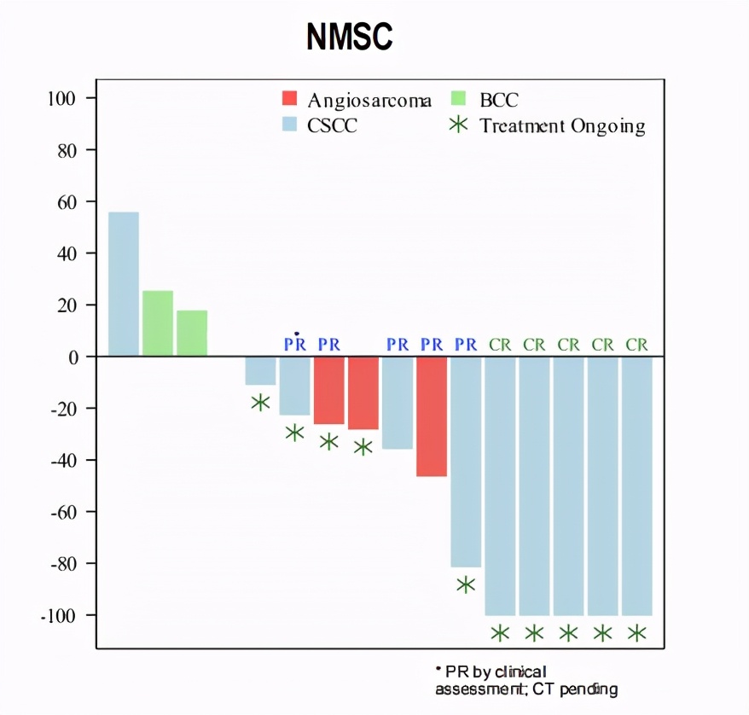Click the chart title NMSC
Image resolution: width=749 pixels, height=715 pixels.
(x=350, y=38)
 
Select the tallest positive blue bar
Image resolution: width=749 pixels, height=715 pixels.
(x=124, y=283)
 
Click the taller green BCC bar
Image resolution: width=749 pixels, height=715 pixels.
(x=158, y=323)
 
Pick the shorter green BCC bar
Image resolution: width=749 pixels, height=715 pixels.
(x=192, y=333)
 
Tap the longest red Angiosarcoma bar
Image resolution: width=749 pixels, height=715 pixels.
(x=432, y=416)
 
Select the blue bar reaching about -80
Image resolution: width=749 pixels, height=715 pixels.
(x=466, y=462)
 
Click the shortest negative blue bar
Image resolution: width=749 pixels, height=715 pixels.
(x=260, y=370)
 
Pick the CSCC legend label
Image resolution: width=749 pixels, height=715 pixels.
(x=334, y=125)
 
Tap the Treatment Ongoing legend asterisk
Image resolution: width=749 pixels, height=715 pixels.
(x=459, y=125)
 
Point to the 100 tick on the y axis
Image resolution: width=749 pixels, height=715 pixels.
(x=60, y=99)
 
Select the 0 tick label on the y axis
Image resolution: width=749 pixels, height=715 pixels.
(x=73, y=357)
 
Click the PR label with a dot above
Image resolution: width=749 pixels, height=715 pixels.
(x=294, y=345)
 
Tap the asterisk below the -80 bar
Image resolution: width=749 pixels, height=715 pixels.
(x=466, y=584)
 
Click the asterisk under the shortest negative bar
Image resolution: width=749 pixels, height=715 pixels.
(x=260, y=402)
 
